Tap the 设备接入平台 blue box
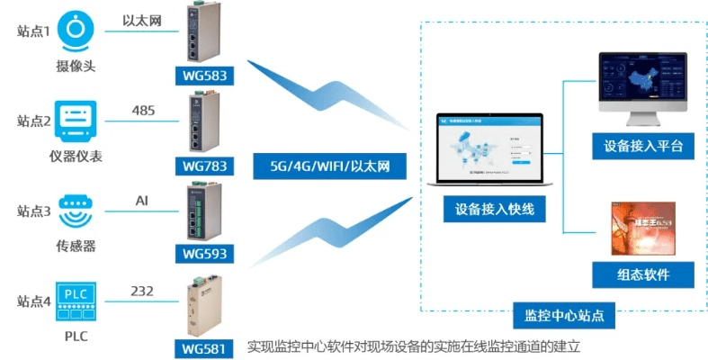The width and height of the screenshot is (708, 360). coord(643,146)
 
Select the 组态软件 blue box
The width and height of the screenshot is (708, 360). coord(643,274)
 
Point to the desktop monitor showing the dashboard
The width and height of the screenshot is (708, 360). coord(641,85)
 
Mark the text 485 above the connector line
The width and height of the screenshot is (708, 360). coord(144,111)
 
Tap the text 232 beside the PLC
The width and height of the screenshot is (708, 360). coord(142,291)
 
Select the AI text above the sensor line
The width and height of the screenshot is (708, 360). coord(141,200)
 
